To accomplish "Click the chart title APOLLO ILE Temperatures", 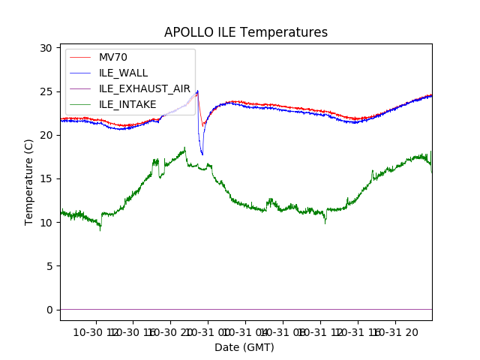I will click(x=246, y=33).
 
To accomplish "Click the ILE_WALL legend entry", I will click(x=123, y=73).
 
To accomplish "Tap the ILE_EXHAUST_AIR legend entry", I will click(x=145, y=88).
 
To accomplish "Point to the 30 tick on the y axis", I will click(x=46, y=48).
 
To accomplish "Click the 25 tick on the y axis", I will click(x=46, y=91).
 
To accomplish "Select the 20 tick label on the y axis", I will click(x=46, y=135).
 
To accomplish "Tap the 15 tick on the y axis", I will click(x=46, y=178).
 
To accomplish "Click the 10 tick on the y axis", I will click(x=46, y=223).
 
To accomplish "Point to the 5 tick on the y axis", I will click(x=49, y=266).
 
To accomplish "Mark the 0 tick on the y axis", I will click(x=49, y=310).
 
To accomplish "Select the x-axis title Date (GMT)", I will click(x=244, y=347).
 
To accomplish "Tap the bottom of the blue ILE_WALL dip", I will click(x=202, y=154).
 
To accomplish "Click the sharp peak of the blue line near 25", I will click(x=197, y=91).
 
